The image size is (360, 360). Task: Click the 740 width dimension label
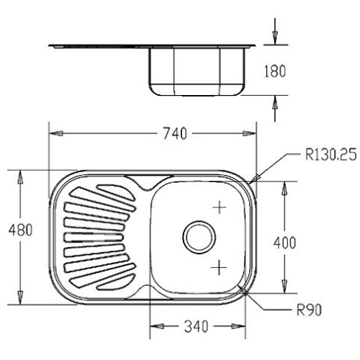coord(175,133)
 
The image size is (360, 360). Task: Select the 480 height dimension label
coord(20,230)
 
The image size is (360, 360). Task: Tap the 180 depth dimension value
coord(275,71)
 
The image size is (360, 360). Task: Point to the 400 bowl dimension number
coord(285,243)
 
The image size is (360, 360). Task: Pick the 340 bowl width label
coord(196,326)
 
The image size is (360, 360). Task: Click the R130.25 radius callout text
coord(330,155)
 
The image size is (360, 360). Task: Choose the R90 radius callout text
coord(309,310)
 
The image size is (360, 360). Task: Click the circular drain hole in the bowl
coord(199,237)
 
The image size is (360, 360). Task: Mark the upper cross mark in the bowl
coord(220,207)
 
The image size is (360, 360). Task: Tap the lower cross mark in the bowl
coord(219,267)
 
